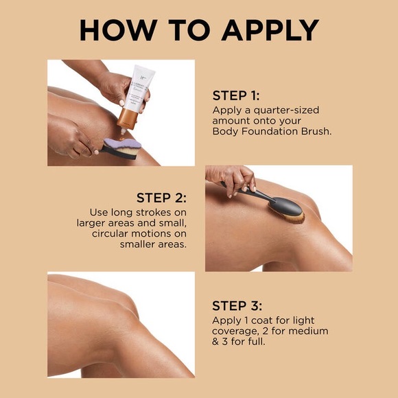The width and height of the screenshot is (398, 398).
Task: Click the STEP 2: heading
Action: [161, 198]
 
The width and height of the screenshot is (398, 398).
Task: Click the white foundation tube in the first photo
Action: [141, 89]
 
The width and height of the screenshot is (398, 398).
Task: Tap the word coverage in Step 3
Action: [237, 331]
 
